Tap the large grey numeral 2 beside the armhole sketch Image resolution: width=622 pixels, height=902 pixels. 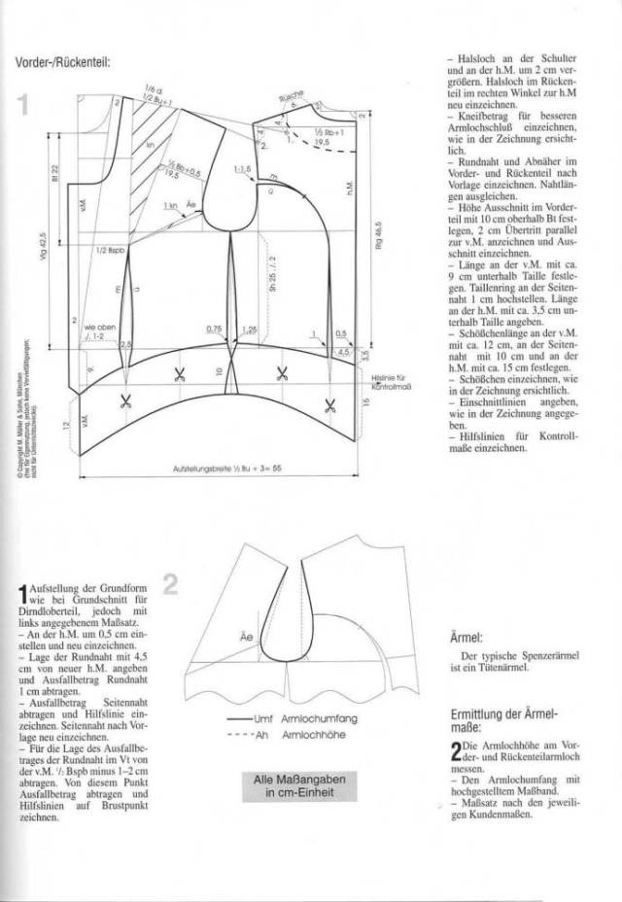pos(170,584)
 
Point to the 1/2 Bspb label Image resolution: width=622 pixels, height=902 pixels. pos(108,251)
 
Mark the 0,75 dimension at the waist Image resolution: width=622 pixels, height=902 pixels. pos(215,330)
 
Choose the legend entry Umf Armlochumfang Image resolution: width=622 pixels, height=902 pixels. pos(292,721)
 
